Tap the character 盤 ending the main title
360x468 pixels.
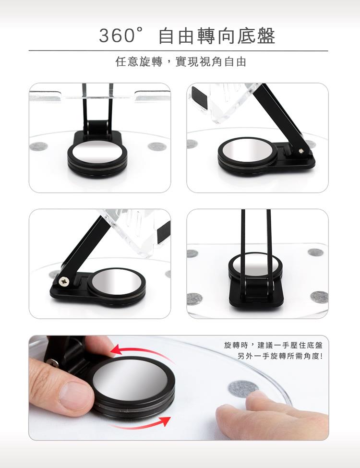click(x=265, y=36)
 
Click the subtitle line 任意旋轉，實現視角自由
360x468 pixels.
click(x=181, y=62)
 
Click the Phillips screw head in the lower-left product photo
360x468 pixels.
click(x=63, y=281)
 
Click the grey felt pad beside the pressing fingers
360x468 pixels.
click(x=243, y=389)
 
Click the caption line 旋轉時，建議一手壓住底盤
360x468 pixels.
click(x=273, y=345)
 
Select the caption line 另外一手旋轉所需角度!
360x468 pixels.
click(x=280, y=356)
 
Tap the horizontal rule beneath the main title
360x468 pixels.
click(x=178, y=51)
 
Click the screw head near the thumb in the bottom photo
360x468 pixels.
click(x=53, y=362)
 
